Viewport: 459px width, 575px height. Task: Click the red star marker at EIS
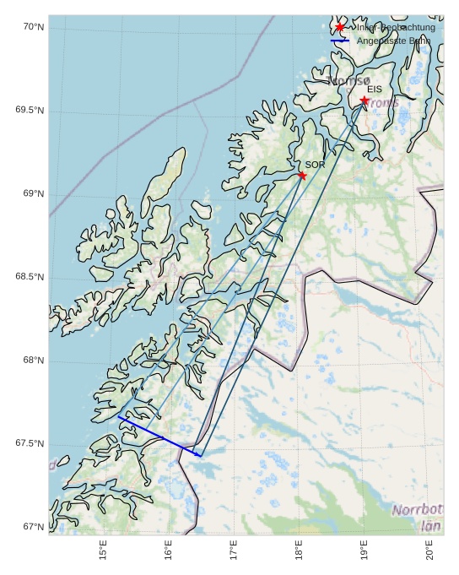[364, 100]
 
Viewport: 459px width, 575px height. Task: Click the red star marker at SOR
[302, 176]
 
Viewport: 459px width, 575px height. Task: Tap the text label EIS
[374, 89]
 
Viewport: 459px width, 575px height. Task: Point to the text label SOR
[315, 165]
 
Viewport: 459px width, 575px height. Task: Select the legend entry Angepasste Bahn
[393, 41]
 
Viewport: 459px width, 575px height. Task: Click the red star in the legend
[340, 27]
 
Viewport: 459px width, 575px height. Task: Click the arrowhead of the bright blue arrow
[200, 456]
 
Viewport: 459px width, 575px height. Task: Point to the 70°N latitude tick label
[33, 27]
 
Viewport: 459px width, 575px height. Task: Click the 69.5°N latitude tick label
[30, 111]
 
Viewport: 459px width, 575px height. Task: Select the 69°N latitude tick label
[33, 193]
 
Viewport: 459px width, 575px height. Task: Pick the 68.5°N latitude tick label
[30, 277]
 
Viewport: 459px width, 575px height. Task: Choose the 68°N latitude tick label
[33, 361]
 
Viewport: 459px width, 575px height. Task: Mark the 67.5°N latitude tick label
[30, 443]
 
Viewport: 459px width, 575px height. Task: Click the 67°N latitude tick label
[33, 527]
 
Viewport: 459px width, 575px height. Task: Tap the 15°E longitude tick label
[103, 551]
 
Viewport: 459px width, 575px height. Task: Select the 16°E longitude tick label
[169, 551]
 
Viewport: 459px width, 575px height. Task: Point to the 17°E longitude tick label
[234, 551]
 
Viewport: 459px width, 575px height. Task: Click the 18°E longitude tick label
[299, 551]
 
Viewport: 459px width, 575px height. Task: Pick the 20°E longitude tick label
[429, 551]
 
